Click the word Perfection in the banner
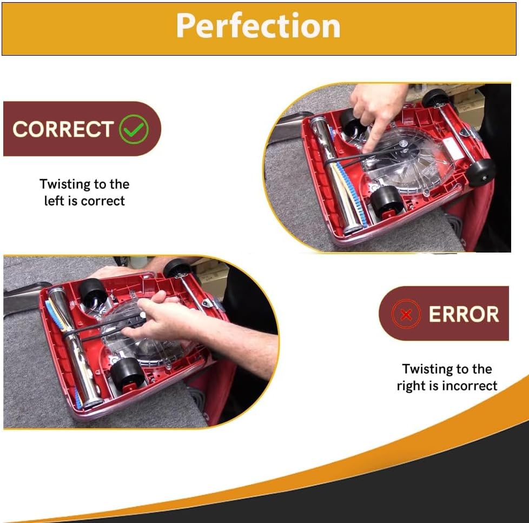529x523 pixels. click(x=258, y=25)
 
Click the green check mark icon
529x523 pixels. click(x=133, y=129)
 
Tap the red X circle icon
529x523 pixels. click(x=406, y=314)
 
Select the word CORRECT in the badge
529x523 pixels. click(x=62, y=129)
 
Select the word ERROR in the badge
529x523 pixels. click(x=464, y=314)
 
